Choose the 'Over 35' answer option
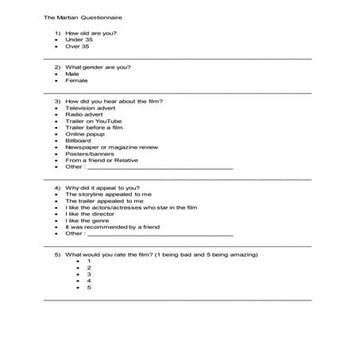[77, 47]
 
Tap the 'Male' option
[72, 74]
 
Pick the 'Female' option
[76, 81]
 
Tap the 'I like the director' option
[90, 214]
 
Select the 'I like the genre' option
[87, 220]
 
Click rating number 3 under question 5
[89, 273]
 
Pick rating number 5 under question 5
[89, 287]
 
